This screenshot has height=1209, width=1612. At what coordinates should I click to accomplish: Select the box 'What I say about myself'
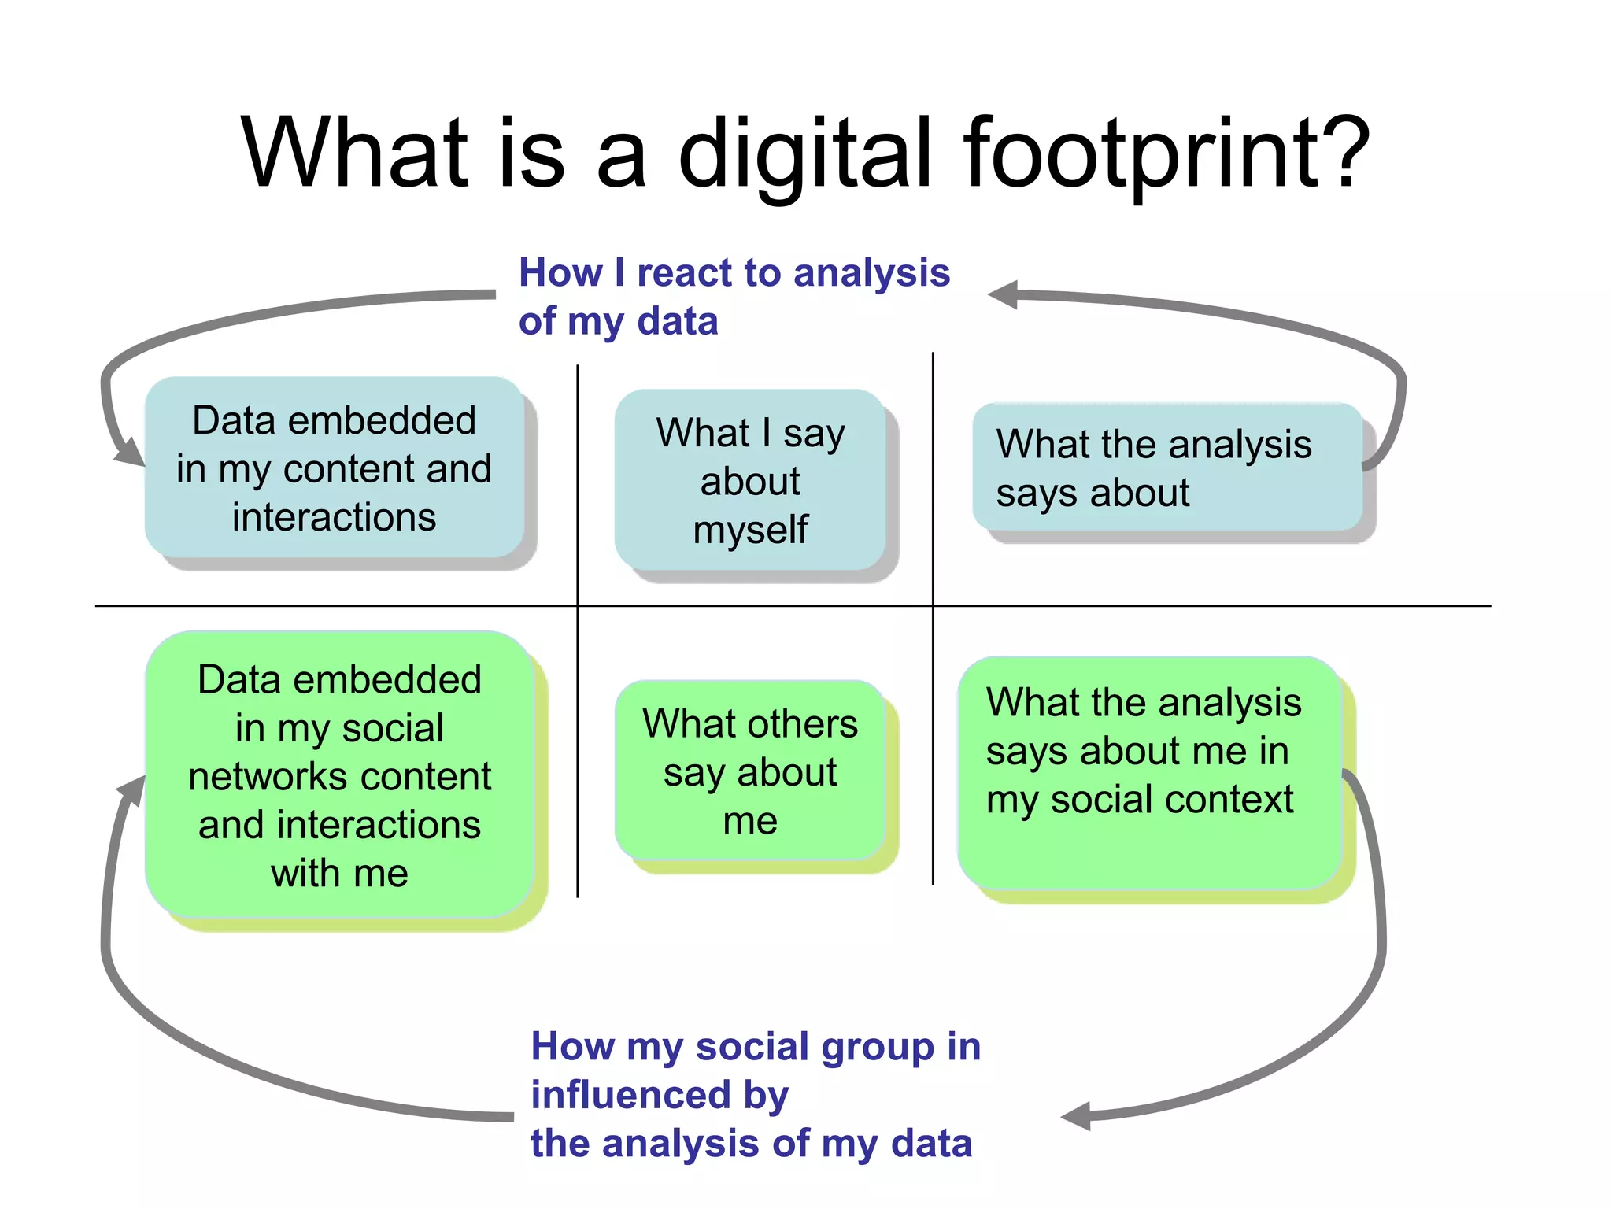(750, 480)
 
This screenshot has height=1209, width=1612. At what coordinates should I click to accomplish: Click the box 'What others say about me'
(750, 771)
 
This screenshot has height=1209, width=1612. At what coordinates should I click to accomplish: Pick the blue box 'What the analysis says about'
(1167, 468)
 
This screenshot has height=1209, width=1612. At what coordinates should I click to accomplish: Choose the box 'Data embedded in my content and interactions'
(334, 468)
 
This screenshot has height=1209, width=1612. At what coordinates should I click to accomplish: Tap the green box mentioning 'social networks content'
(339, 775)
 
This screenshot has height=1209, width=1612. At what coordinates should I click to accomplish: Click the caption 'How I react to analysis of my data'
(734, 297)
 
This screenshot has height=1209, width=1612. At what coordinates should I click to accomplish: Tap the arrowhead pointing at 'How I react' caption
(1004, 295)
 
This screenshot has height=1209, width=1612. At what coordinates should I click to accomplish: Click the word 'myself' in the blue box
(750, 530)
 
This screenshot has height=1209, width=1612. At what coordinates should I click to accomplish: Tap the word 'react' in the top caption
(684, 273)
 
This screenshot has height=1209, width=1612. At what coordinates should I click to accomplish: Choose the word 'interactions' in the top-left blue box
(334, 517)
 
